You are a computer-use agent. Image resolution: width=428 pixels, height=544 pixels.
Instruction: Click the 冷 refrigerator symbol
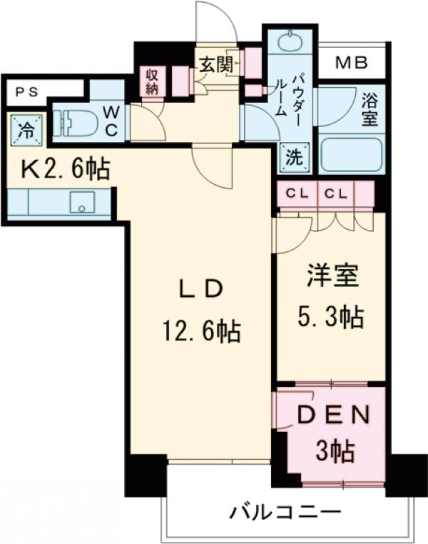pos(25,129)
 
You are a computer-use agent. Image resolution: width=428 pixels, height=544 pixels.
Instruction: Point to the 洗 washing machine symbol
pos(294,158)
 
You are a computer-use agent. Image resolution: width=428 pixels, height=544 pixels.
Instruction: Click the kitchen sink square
pos(82,202)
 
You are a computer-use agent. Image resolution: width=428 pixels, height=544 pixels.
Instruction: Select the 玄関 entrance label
pos(215,65)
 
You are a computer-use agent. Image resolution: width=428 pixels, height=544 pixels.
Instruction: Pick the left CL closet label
pos(297,193)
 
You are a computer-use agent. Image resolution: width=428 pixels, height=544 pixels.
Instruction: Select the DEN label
pos(333,415)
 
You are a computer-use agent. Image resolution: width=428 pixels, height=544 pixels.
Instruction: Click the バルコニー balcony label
pos(285,512)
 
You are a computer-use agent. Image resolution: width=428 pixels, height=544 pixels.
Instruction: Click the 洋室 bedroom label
pos(332,276)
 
